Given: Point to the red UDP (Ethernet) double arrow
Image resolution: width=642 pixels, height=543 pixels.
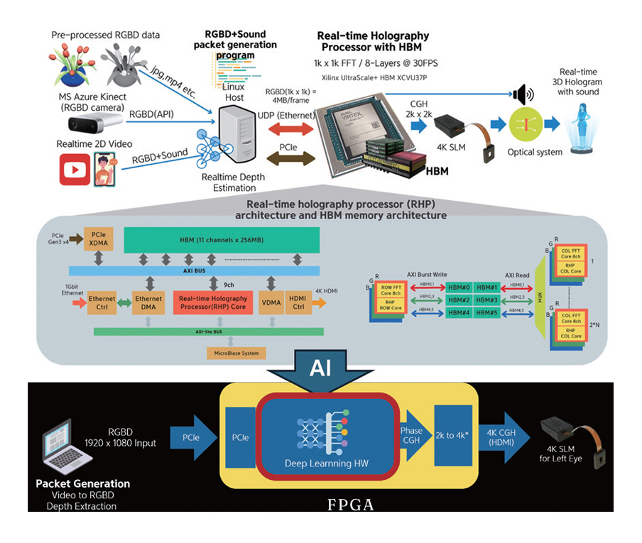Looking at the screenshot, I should tap(287, 128).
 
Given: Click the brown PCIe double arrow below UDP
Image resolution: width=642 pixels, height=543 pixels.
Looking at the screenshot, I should tap(287, 158).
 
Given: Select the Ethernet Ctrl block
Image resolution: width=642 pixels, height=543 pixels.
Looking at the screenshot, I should tap(102, 303).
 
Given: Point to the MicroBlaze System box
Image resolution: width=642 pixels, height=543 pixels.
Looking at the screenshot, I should tap(236, 352).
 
